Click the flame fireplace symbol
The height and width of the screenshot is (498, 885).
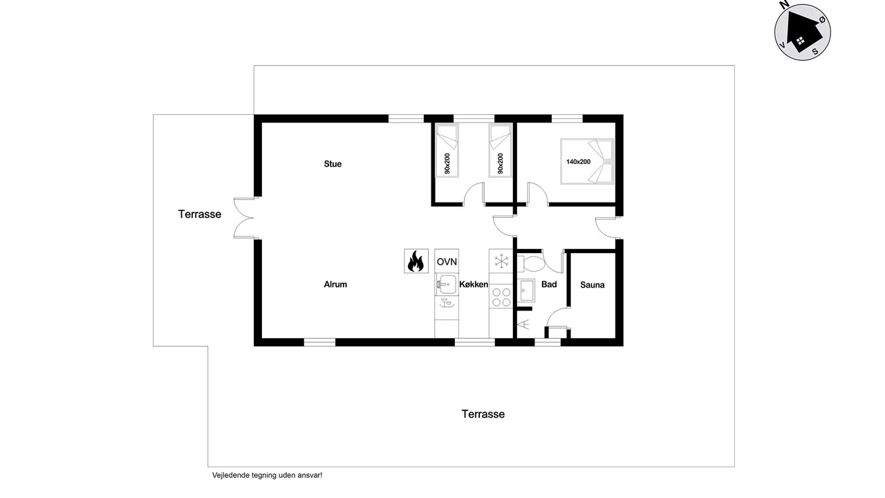click(x=416, y=261)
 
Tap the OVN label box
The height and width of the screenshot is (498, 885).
click(x=447, y=261)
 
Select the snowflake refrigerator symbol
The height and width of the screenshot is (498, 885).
click(x=501, y=261)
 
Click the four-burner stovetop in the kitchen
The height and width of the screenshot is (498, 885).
click(x=501, y=297)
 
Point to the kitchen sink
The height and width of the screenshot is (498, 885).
click(x=447, y=284)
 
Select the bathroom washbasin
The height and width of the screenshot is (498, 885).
click(x=526, y=291)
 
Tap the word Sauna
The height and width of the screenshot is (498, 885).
click(x=593, y=285)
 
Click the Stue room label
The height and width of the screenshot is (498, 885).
click(x=333, y=164)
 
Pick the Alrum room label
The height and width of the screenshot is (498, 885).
click(x=335, y=284)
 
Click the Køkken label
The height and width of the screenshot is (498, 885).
click(x=474, y=284)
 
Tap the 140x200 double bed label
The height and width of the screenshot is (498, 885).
click(x=579, y=162)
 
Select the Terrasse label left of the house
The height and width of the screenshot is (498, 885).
click(x=200, y=214)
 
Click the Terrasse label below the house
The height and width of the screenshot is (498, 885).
click(x=483, y=414)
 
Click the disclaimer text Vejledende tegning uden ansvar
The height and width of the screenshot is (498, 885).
click(x=267, y=475)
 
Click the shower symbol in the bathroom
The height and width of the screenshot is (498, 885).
click(x=525, y=324)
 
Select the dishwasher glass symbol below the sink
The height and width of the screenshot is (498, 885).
click(x=447, y=303)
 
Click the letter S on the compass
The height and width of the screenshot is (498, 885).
click(x=814, y=51)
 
